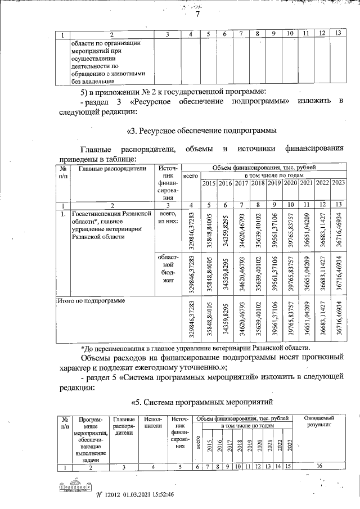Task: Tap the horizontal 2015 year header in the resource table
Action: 209,183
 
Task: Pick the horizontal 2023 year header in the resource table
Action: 339,183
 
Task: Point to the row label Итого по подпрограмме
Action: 91,301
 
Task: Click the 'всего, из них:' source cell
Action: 169,218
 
